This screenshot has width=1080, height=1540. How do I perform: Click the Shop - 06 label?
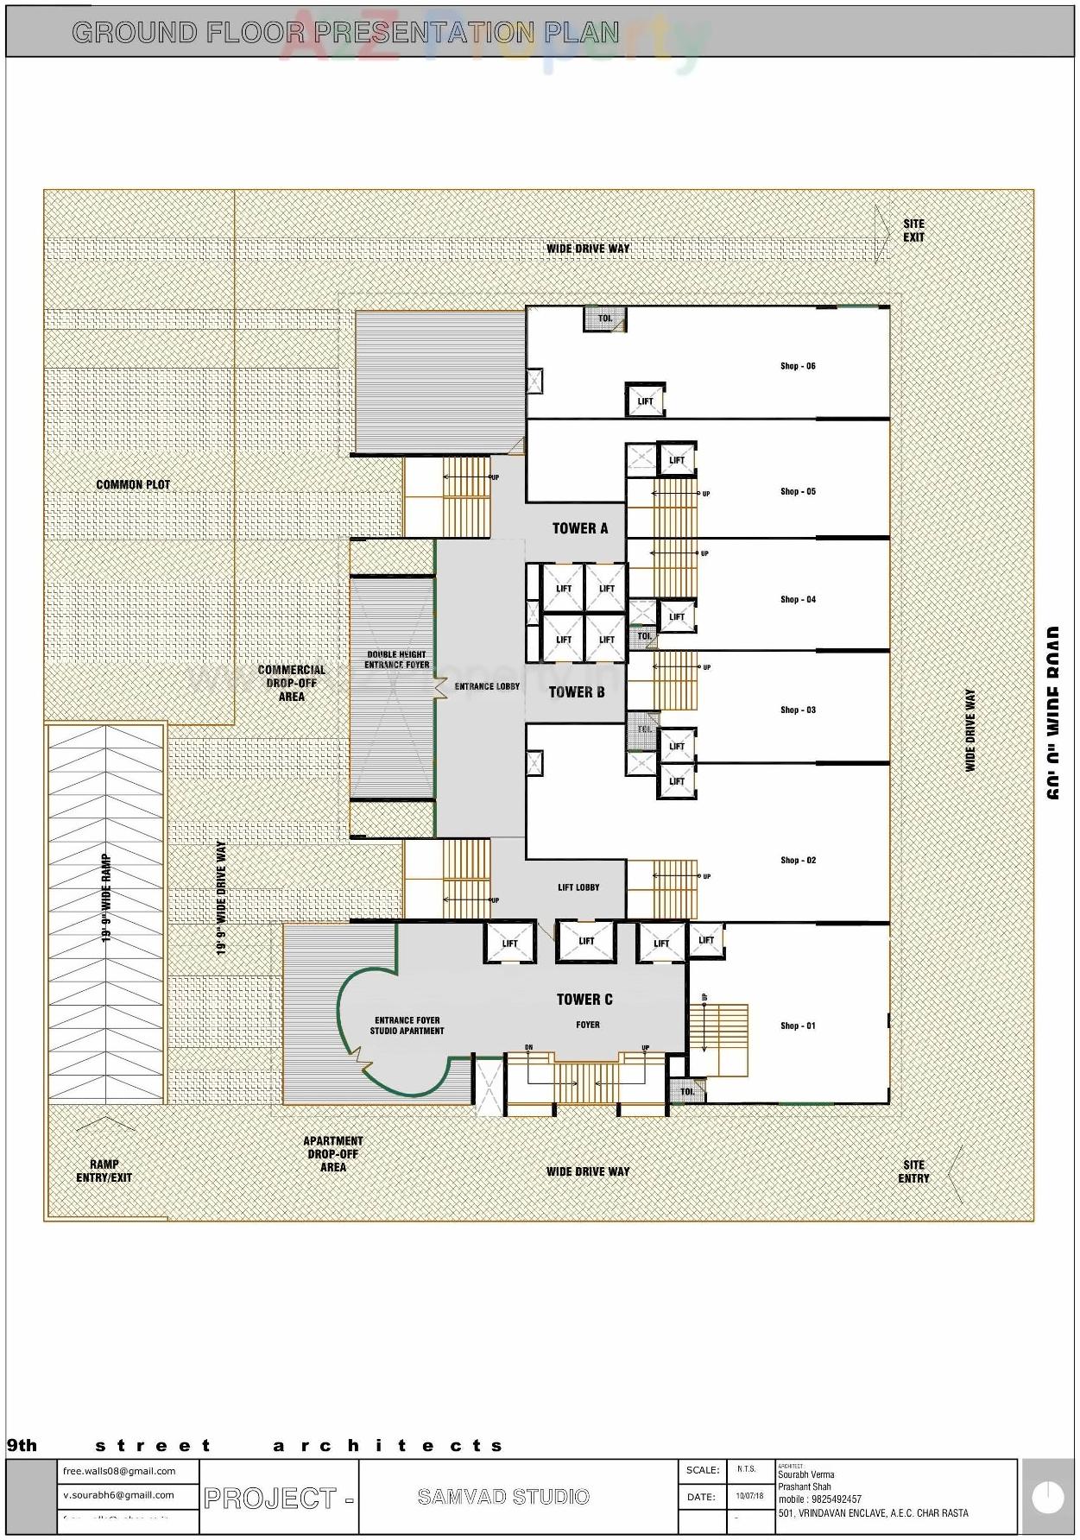click(x=797, y=366)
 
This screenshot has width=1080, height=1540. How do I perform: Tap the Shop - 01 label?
click(x=797, y=1026)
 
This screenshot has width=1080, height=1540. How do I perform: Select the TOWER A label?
click(x=579, y=528)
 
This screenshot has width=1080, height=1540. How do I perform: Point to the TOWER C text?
click(x=584, y=999)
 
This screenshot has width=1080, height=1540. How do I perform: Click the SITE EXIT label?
click(x=913, y=230)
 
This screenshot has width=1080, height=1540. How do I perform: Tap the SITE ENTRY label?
click(x=913, y=1171)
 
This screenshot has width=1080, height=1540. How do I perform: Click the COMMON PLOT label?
click(x=133, y=484)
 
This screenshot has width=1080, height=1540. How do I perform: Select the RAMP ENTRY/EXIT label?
click(x=104, y=1171)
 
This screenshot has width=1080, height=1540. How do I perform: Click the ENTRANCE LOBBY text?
click(x=487, y=686)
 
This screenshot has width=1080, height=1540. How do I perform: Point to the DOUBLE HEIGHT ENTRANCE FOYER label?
click(x=396, y=660)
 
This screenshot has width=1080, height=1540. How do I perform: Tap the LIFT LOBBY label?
click(x=578, y=887)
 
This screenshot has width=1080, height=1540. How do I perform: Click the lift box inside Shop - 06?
click(x=645, y=401)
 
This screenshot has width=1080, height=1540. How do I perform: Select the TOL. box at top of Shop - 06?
click(x=605, y=319)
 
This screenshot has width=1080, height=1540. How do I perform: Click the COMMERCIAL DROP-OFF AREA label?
click(x=291, y=683)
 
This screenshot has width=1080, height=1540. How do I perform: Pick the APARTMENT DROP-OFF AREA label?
click(x=333, y=1154)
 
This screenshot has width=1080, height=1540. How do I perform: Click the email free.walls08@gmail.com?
click(x=119, y=1471)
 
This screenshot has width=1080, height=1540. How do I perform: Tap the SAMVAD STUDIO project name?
click(x=503, y=1497)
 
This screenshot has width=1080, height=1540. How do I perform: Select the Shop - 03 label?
click(x=797, y=710)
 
